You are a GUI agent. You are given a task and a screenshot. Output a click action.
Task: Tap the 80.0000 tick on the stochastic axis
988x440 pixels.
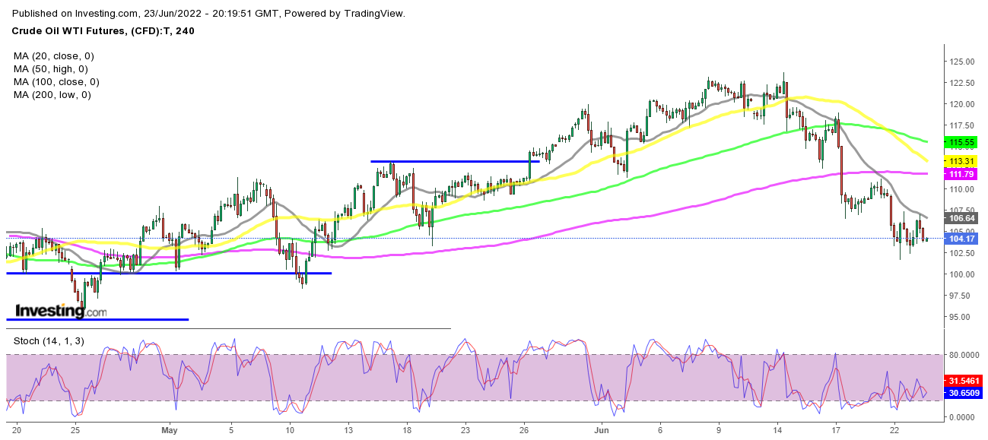pos(964,355)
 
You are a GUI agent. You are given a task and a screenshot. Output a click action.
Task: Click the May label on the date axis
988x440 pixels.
pos(170,429)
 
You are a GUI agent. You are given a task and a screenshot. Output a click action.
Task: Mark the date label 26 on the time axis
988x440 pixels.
pos(525,429)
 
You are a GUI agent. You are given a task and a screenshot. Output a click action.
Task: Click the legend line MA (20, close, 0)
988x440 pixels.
pos(53,56)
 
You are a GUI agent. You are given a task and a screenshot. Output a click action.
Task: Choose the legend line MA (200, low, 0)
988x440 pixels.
pos(52,95)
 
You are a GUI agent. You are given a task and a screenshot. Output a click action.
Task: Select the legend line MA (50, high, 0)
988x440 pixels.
pos(50,69)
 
